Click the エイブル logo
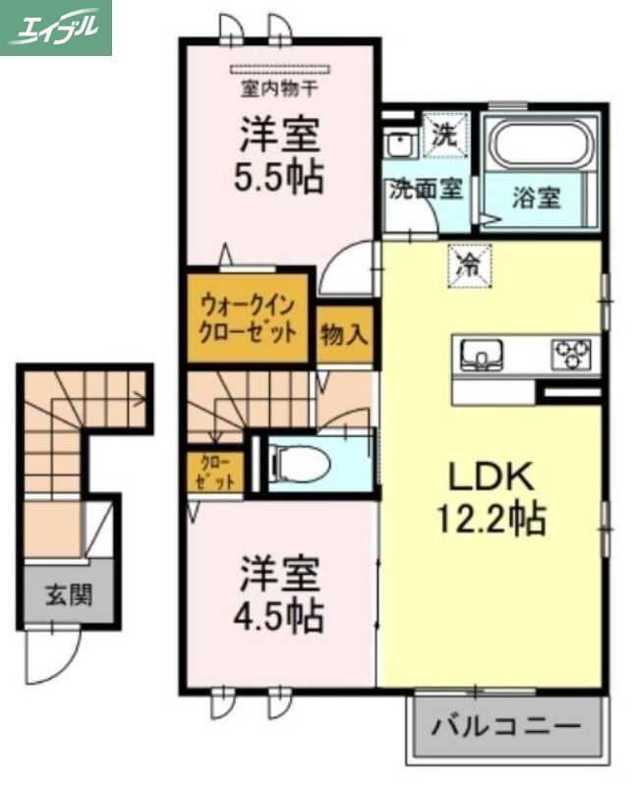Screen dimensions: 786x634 [x=56, y=27]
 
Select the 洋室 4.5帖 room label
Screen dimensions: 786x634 [x=279, y=595]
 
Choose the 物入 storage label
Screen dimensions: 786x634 [x=344, y=335]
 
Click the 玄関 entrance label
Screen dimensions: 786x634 [x=67, y=594]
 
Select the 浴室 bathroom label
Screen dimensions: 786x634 [x=537, y=196]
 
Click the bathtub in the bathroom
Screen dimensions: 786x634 [x=542, y=146]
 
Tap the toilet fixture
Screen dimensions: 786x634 [x=295, y=462]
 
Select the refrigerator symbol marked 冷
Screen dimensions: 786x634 [x=470, y=262]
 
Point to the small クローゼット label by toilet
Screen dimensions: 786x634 [x=213, y=473]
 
